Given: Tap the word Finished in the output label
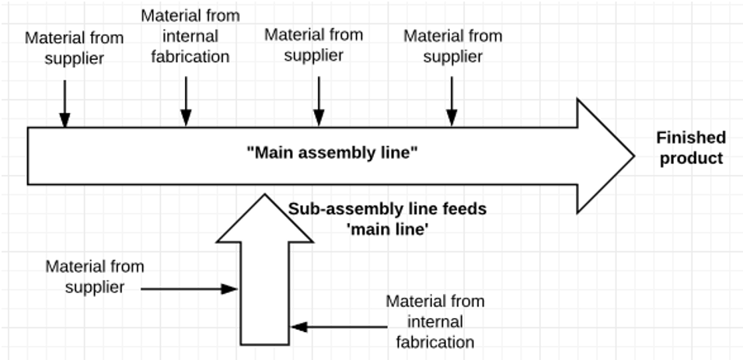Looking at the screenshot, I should click(x=690, y=138).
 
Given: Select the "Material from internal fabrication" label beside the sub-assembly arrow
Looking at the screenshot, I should click(x=434, y=321).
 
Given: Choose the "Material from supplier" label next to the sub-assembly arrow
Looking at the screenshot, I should click(x=94, y=277).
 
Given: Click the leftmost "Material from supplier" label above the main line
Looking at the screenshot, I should click(x=65, y=47).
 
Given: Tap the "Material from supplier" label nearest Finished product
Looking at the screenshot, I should click(x=452, y=46).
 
